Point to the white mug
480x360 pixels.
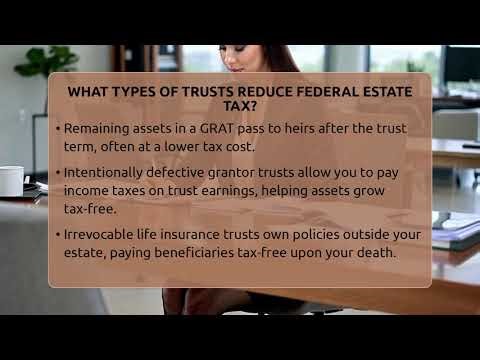pyautogui.click(x=11, y=181)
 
